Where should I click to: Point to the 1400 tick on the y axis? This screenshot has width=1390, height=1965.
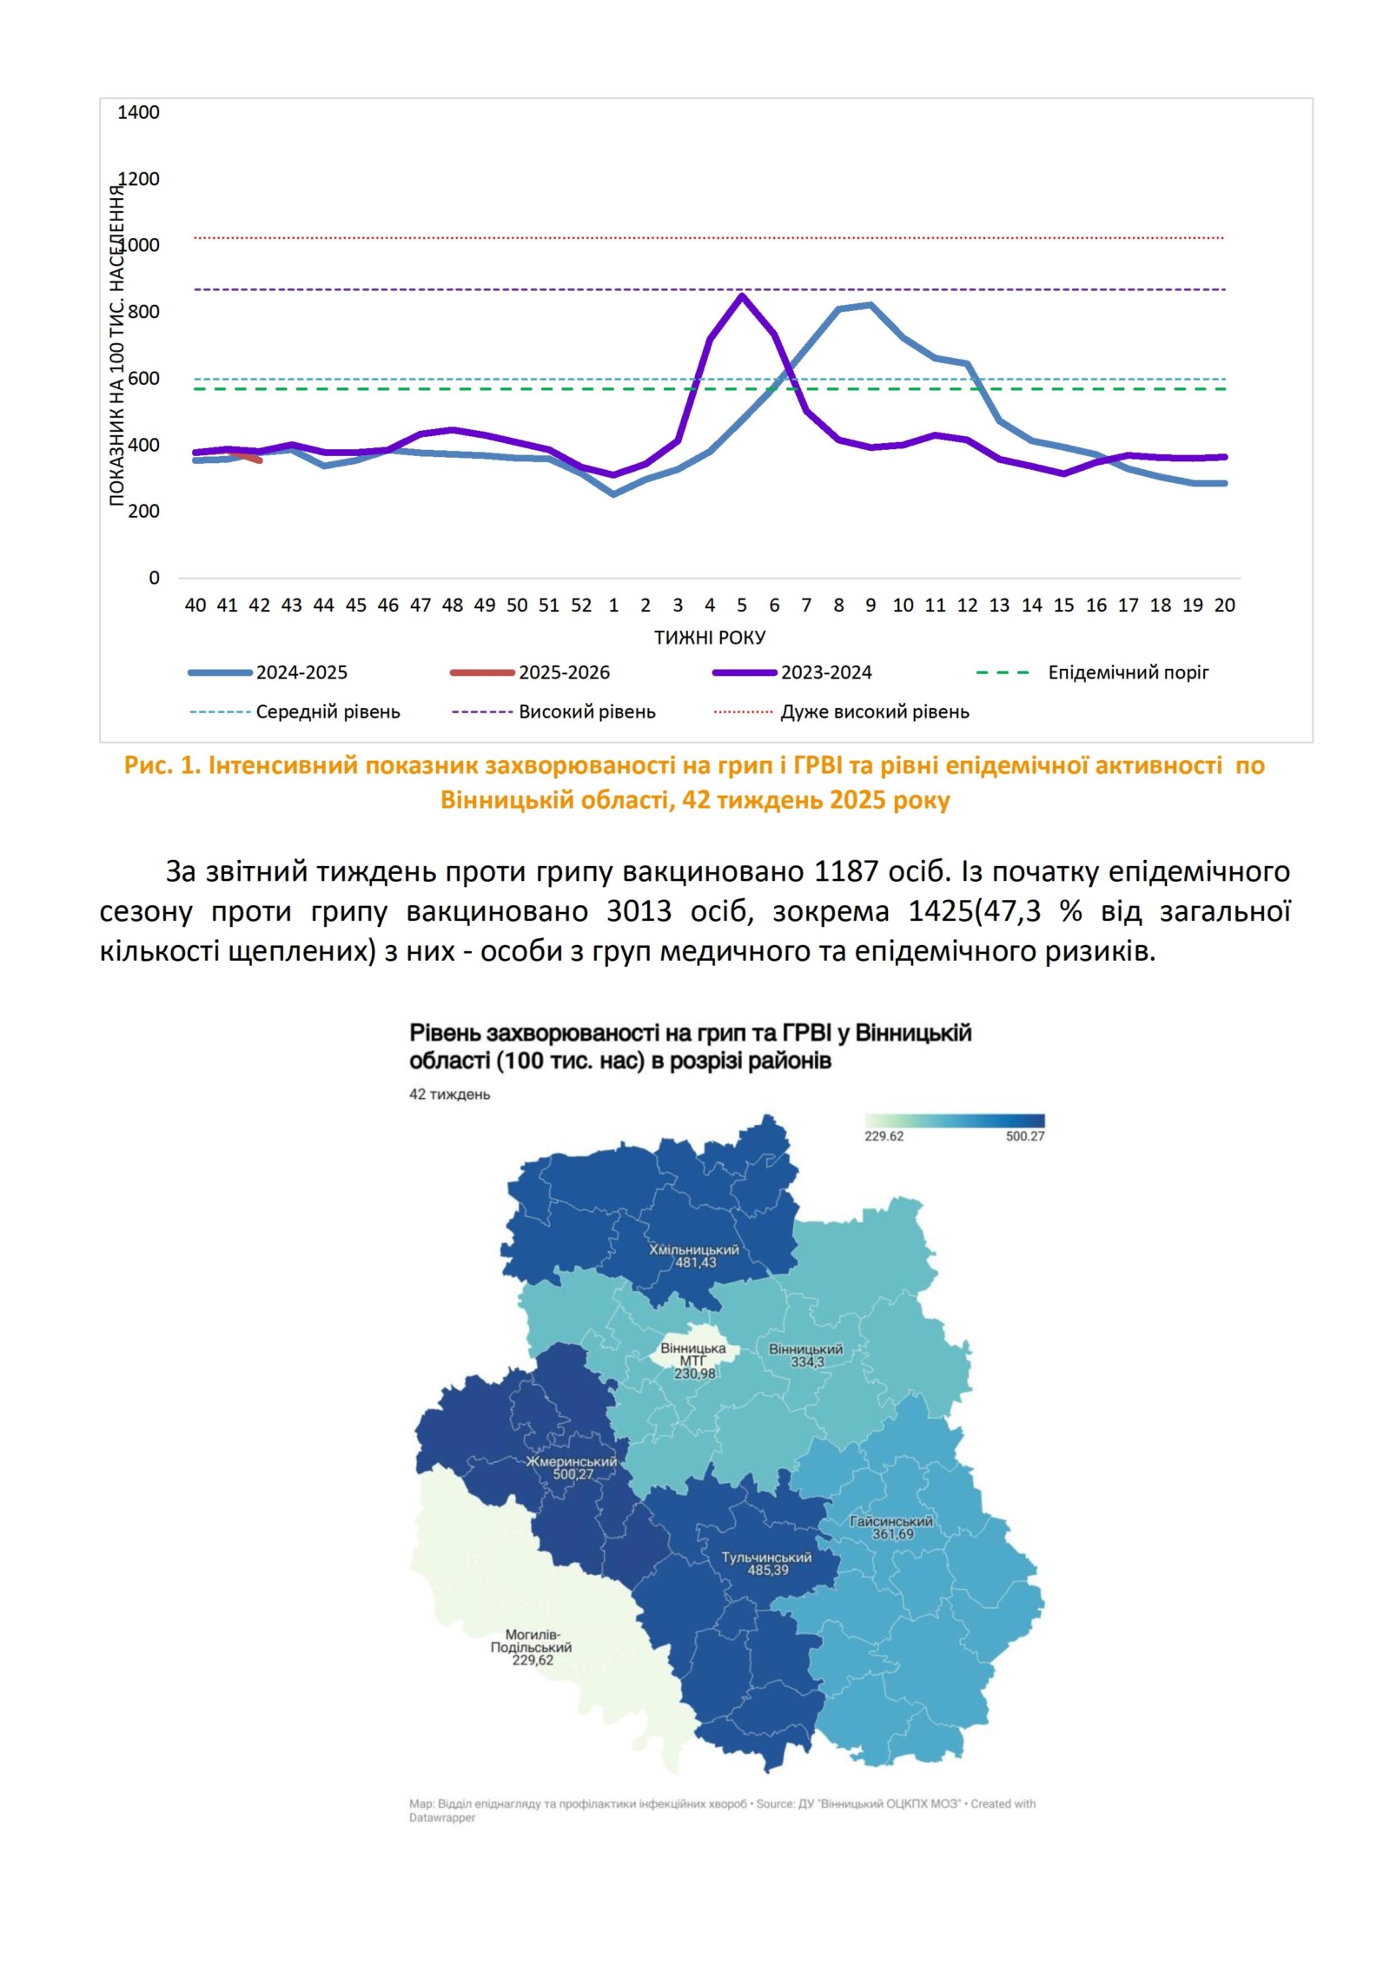[x=139, y=112]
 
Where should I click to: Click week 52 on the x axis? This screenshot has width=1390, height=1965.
[x=581, y=605]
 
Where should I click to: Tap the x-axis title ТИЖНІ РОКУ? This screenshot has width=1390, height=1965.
[x=710, y=638]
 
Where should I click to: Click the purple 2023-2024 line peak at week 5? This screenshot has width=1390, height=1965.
[x=741, y=296]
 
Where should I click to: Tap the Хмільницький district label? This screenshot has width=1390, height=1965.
[x=694, y=1250]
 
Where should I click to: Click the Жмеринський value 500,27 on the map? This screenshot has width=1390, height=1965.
[x=573, y=1474]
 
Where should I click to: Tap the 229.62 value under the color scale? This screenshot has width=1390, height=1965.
[x=884, y=1136]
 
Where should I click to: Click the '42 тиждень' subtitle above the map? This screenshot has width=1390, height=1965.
[x=449, y=1095]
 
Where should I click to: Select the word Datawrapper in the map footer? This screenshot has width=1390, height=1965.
[x=442, y=1817]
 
